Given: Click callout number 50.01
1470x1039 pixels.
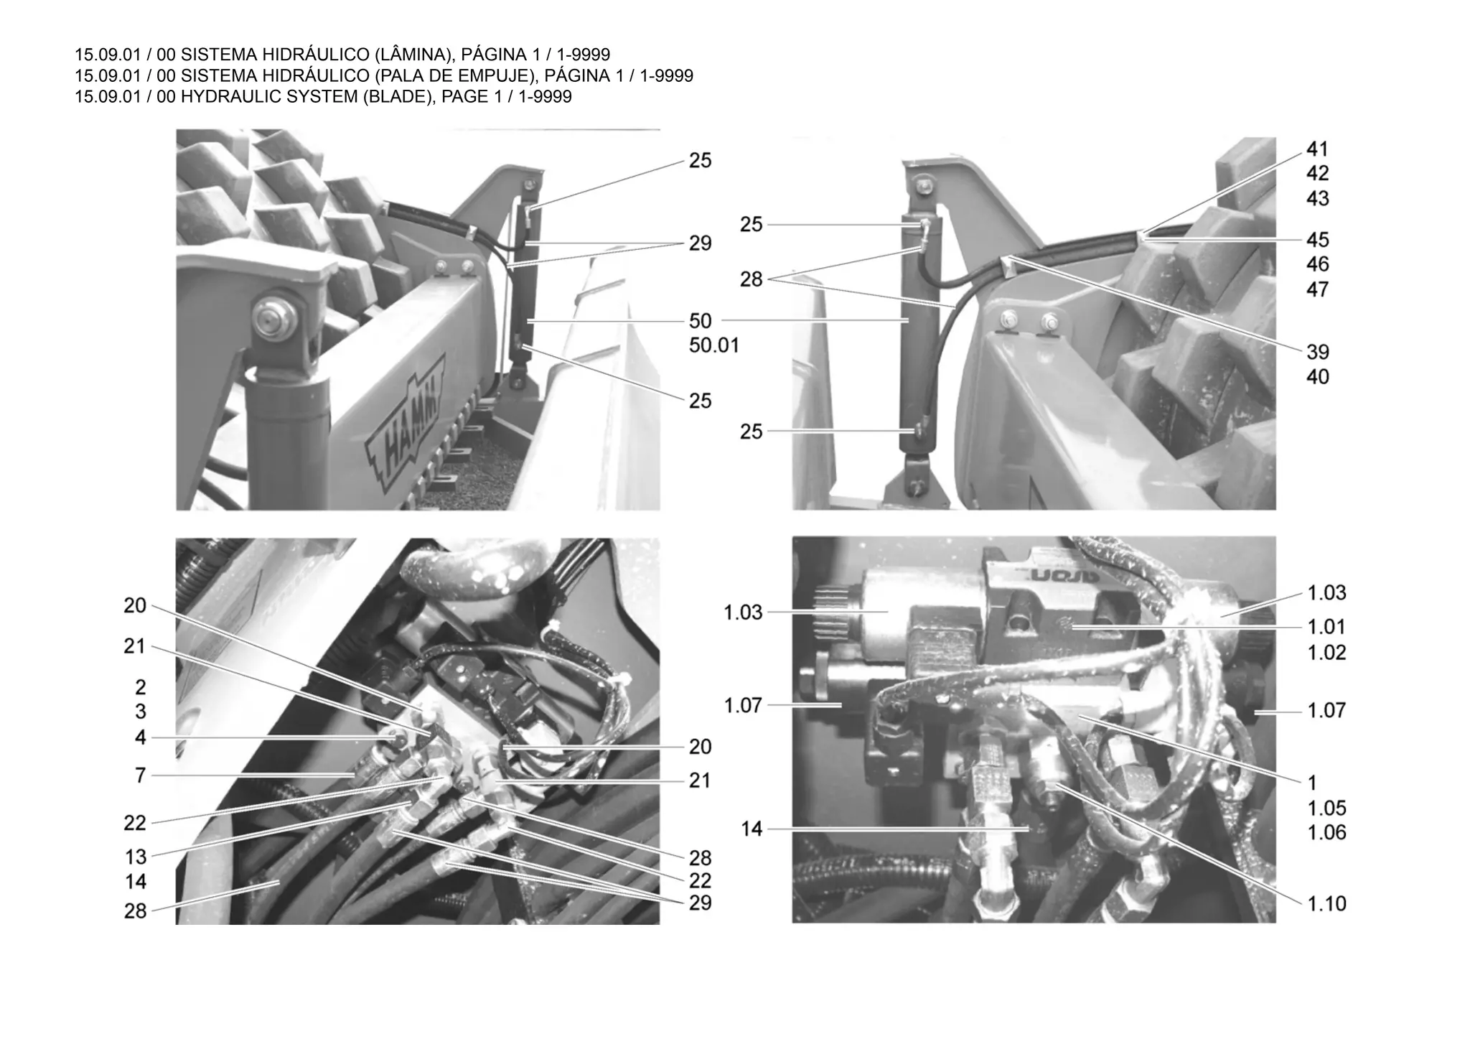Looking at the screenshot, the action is [x=714, y=345].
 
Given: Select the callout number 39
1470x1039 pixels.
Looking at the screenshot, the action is [x=1318, y=352].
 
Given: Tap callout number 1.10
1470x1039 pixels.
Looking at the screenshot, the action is [x=1326, y=903].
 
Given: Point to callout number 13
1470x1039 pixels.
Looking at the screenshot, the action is [x=135, y=857].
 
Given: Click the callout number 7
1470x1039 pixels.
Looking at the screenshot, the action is [x=141, y=775].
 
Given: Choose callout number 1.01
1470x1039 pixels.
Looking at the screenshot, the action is [x=1326, y=627].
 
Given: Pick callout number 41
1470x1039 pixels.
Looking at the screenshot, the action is [x=1318, y=149].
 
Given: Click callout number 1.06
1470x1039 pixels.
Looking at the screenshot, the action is [x=1326, y=832].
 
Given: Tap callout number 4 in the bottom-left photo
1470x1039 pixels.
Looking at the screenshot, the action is [x=141, y=737].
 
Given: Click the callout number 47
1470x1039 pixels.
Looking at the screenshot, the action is [x=1318, y=289].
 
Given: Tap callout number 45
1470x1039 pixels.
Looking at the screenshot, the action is [x=1318, y=239].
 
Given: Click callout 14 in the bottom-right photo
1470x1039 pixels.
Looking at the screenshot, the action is [x=752, y=829].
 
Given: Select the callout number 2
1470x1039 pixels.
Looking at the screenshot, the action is [x=141, y=687].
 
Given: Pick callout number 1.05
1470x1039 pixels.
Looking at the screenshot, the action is [x=1326, y=808].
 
